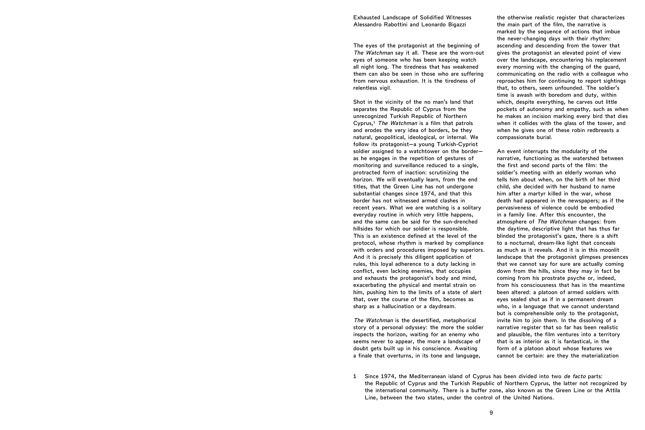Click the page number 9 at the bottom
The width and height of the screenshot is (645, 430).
(491, 413)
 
